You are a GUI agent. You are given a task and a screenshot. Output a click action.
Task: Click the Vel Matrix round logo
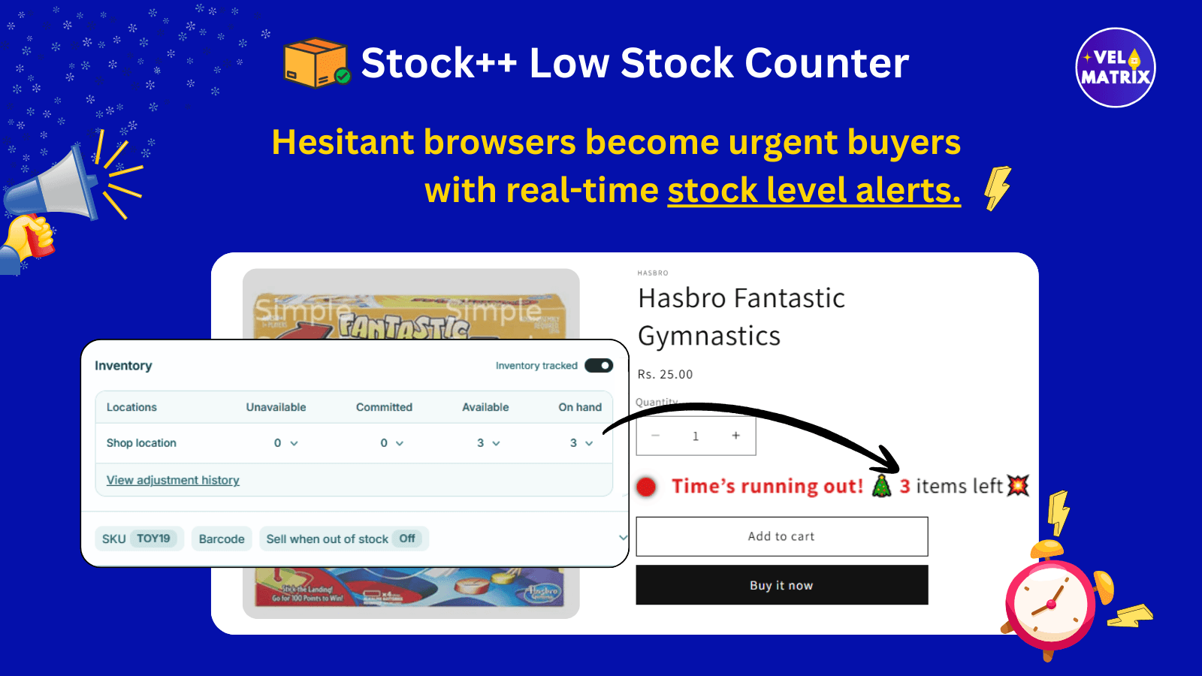pos(1116,68)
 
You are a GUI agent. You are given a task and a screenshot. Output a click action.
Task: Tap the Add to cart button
pos(781,536)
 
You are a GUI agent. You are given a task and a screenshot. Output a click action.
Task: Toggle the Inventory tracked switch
pos(599,366)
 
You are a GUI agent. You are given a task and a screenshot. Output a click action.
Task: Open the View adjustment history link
pos(173,480)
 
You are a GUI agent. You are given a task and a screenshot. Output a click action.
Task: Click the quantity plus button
pos(735,436)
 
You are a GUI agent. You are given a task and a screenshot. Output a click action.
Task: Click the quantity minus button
pos(656,436)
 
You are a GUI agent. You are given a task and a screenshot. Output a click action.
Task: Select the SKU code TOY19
pos(153,539)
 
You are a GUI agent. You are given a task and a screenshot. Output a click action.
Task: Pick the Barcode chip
pos(222,539)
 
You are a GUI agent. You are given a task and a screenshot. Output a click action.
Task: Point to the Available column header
pos(485,407)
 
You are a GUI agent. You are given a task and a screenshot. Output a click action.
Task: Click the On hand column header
pos(580,407)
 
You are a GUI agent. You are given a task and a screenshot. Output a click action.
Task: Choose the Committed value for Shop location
pos(391,443)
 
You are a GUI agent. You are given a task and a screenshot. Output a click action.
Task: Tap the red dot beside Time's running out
pos(646,487)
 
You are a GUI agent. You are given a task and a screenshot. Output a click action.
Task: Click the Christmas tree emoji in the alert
pos(881,486)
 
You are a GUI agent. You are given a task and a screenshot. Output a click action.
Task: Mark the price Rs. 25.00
pos(665,374)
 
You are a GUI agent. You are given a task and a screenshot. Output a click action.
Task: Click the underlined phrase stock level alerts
pos(814,191)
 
